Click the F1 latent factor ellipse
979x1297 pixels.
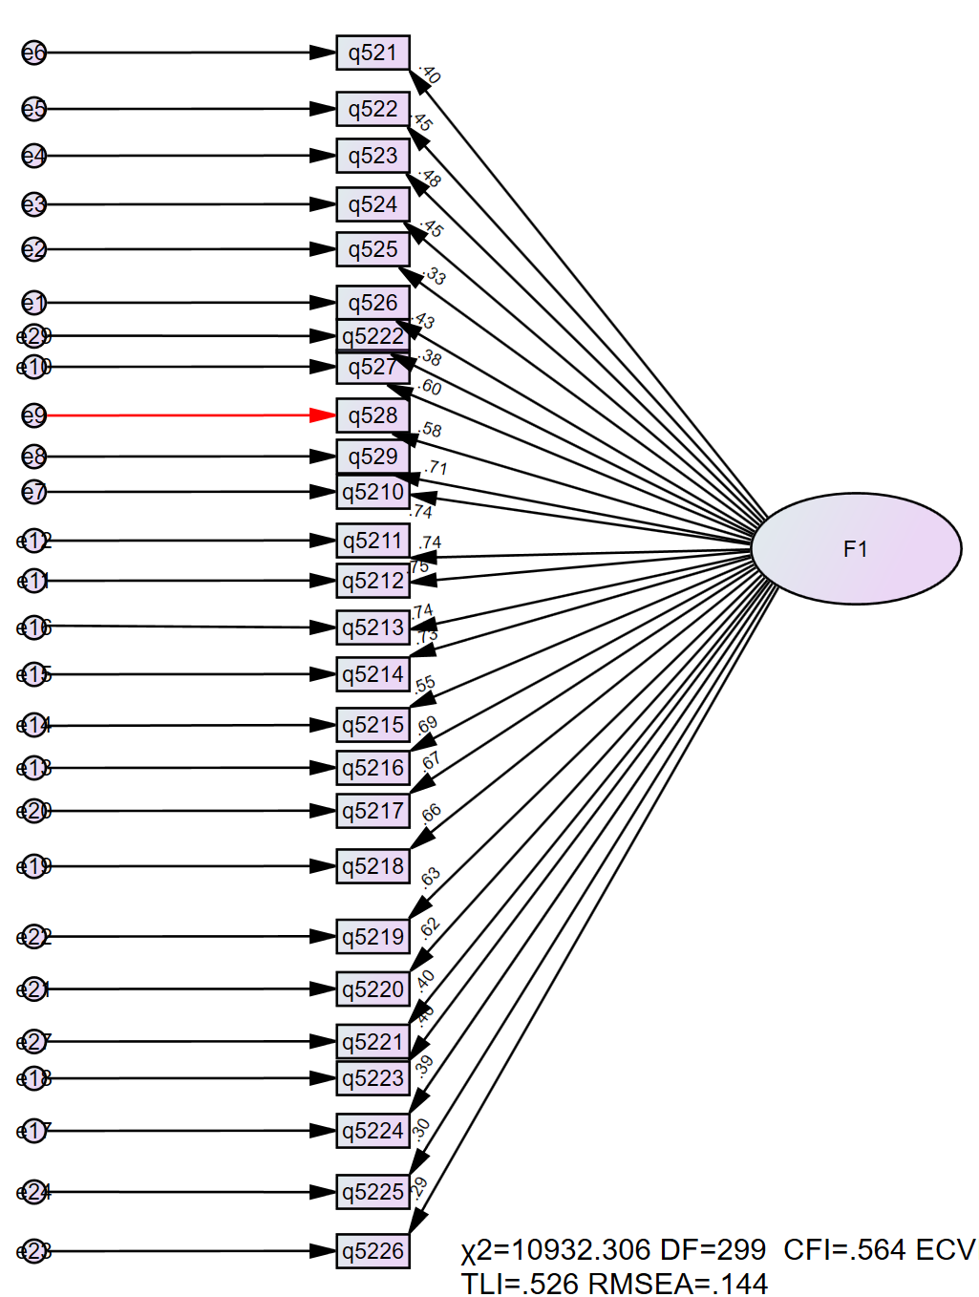click(856, 548)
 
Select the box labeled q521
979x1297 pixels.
click(372, 53)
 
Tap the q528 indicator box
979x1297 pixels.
click(372, 415)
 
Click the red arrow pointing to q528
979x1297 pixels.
click(191, 415)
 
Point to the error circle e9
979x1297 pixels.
click(34, 415)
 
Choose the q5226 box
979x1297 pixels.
click(372, 1251)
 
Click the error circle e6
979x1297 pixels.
click(34, 53)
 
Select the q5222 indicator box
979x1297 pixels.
click(372, 336)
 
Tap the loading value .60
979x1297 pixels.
click(430, 387)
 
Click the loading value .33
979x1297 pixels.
click(434, 276)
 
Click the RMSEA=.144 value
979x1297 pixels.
click(677, 1284)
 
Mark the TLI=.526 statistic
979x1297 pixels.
click(521, 1284)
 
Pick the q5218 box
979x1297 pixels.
click(372, 866)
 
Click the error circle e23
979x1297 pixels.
click(34, 1251)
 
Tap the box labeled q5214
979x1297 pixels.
click(372, 674)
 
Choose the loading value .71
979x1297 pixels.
click(436, 468)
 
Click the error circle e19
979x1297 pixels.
click(34, 866)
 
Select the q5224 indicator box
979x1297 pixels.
click(372, 1131)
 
